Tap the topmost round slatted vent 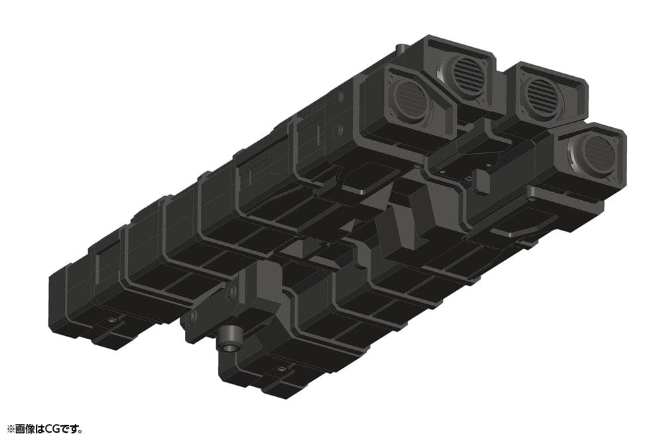click(468, 70)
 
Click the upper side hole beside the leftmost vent click(339, 98)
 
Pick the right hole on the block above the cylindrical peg click(231, 291)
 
